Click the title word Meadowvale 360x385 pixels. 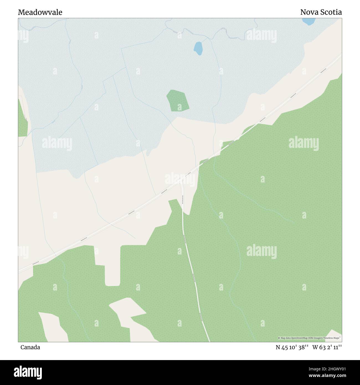click(x=40, y=12)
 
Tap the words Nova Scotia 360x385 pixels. click(x=321, y=12)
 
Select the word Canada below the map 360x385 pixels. click(x=30, y=347)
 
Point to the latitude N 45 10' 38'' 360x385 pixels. click(x=292, y=347)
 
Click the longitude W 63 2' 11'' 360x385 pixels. click(x=327, y=347)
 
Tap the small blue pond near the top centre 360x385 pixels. click(x=198, y=48)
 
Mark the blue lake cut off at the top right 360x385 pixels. click(x=308, y=21)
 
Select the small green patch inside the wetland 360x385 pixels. click(x=178, y=101)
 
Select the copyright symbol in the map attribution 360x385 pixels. click(x=279, y=338)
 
